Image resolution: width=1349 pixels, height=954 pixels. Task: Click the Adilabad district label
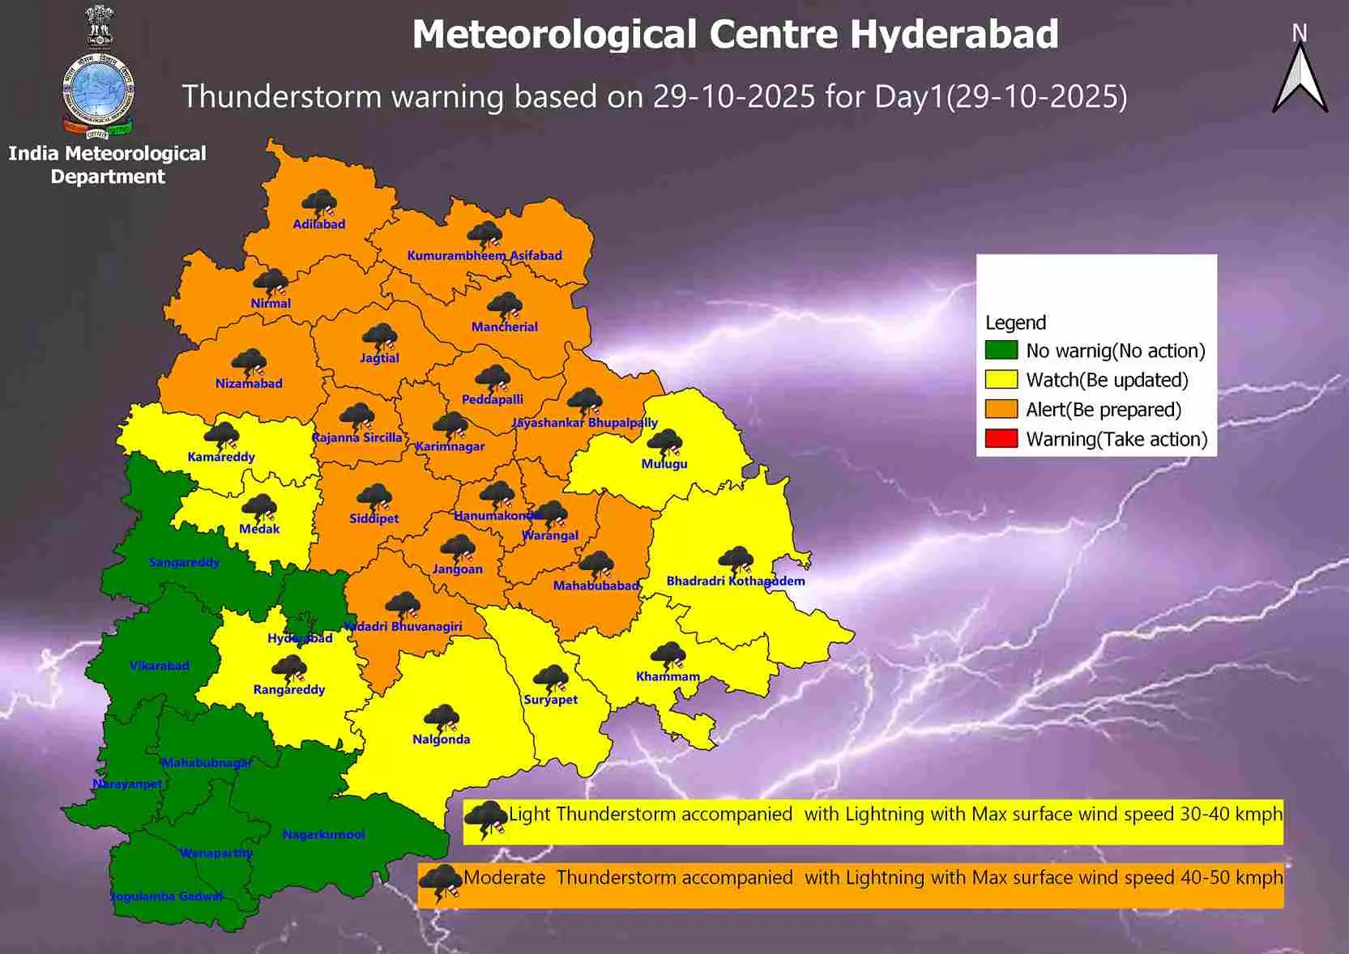click(318, 224)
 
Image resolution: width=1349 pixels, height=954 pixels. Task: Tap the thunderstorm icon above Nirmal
click(271, 283)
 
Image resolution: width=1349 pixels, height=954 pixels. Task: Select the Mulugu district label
click(664, 464)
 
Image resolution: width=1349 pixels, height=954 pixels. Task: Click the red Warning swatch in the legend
click(1001, 439)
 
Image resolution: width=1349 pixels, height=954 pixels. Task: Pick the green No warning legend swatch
click(1001, 351)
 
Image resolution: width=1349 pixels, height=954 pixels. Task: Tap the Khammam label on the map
click(667, 676)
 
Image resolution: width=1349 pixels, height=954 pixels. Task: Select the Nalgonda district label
click(441, 739)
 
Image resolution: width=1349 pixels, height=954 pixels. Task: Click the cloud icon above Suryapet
click(550, 678)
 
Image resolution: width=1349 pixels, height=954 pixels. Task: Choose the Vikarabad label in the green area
click(160, 666)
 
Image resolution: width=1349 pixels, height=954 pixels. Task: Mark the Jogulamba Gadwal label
click(166, 896)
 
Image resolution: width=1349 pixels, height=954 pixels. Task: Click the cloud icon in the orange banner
click(441, 882)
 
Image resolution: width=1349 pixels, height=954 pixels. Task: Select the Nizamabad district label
click(249, 384)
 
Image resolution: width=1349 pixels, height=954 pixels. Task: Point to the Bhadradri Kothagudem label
click(735, 581)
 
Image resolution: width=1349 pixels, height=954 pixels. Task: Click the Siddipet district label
click(374, 518)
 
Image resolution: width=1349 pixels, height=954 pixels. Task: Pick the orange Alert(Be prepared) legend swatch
click(1001, 410)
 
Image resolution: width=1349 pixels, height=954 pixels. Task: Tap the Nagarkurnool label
click(323, 834)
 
